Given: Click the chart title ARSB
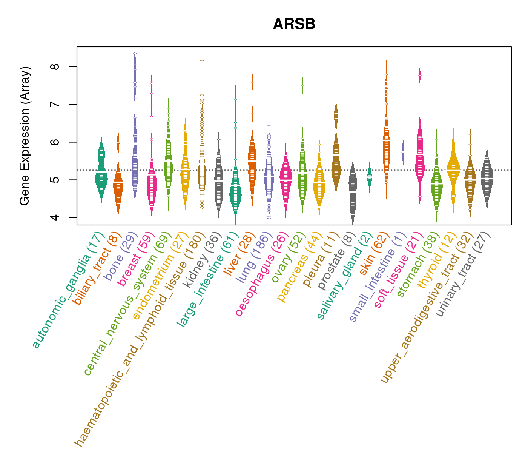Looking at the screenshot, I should tap(294, 25).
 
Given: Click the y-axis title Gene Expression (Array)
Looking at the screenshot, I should tap(25, 136).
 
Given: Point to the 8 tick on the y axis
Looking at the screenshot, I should tap(55, 67).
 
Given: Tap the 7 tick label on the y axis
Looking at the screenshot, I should tap(55, 104).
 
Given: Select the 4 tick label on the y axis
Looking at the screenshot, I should tap(55, 217).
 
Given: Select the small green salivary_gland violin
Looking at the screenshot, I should tap(370, 177).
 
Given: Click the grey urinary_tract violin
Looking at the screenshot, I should tap(487, 177).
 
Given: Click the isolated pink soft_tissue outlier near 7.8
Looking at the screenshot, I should tap(420, 75).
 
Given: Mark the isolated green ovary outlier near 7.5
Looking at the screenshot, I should tap(302, 86).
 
